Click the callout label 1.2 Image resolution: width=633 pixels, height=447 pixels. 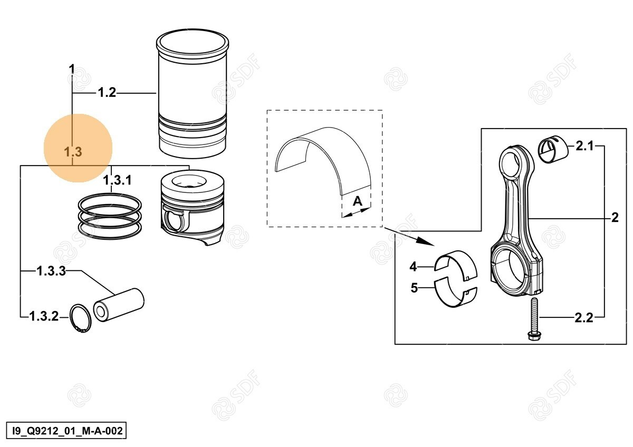coord(107,93)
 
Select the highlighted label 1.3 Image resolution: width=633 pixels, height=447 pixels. coord(73,152)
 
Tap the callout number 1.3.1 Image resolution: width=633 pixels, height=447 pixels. coord(117,180)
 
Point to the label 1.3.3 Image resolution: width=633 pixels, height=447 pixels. coord(51,271)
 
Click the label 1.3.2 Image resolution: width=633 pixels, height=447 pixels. coord(44,316)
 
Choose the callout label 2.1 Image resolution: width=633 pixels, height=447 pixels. coord(584,146)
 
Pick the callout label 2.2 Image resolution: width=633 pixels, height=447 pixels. coord(584,318)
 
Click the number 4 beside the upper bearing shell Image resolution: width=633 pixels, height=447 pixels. coord(413,267)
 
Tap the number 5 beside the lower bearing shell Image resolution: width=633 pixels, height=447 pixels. coord(414,288)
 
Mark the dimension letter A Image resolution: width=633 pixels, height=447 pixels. coord(358,201)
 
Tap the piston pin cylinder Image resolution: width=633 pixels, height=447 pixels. coord(119,305)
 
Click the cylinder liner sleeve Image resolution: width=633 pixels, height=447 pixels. coord(193,93)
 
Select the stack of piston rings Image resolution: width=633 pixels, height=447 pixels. coord(110,216)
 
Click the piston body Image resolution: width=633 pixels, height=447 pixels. coord(193,207)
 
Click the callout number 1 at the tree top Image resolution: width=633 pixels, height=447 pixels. coord(72,69)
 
